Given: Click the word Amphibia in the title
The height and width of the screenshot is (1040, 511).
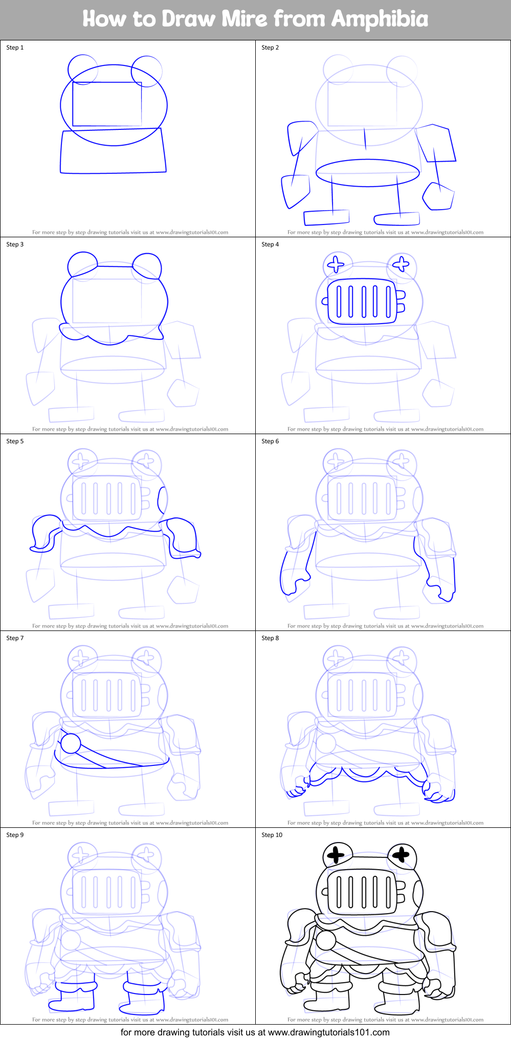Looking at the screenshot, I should click(380, 19).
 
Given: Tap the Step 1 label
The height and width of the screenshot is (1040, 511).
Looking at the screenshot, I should click(15, 48).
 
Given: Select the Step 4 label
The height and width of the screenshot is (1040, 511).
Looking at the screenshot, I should click(270, 244).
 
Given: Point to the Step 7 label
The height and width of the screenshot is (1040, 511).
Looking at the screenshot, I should click(15, 638).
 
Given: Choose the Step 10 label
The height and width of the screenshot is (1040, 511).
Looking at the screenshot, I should click(272, 835).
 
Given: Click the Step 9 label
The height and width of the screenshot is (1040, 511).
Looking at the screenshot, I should click(15, 835).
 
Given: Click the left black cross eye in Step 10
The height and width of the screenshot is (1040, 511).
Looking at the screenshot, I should click(336, 854).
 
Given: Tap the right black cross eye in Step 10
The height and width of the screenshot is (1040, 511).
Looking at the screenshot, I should click(401, 853).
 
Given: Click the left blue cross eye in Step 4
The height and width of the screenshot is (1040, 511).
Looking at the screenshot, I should click(336, 264).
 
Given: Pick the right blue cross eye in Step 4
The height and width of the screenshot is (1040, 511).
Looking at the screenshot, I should click(401, 264).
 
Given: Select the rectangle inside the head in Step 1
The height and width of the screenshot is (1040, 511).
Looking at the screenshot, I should click(107, 104).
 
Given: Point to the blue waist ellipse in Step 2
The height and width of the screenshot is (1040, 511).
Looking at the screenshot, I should click(367, 173).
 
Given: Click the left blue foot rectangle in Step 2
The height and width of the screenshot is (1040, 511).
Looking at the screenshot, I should click(326, 217).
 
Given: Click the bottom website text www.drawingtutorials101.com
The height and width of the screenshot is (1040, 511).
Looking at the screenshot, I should click(329, 1032).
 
